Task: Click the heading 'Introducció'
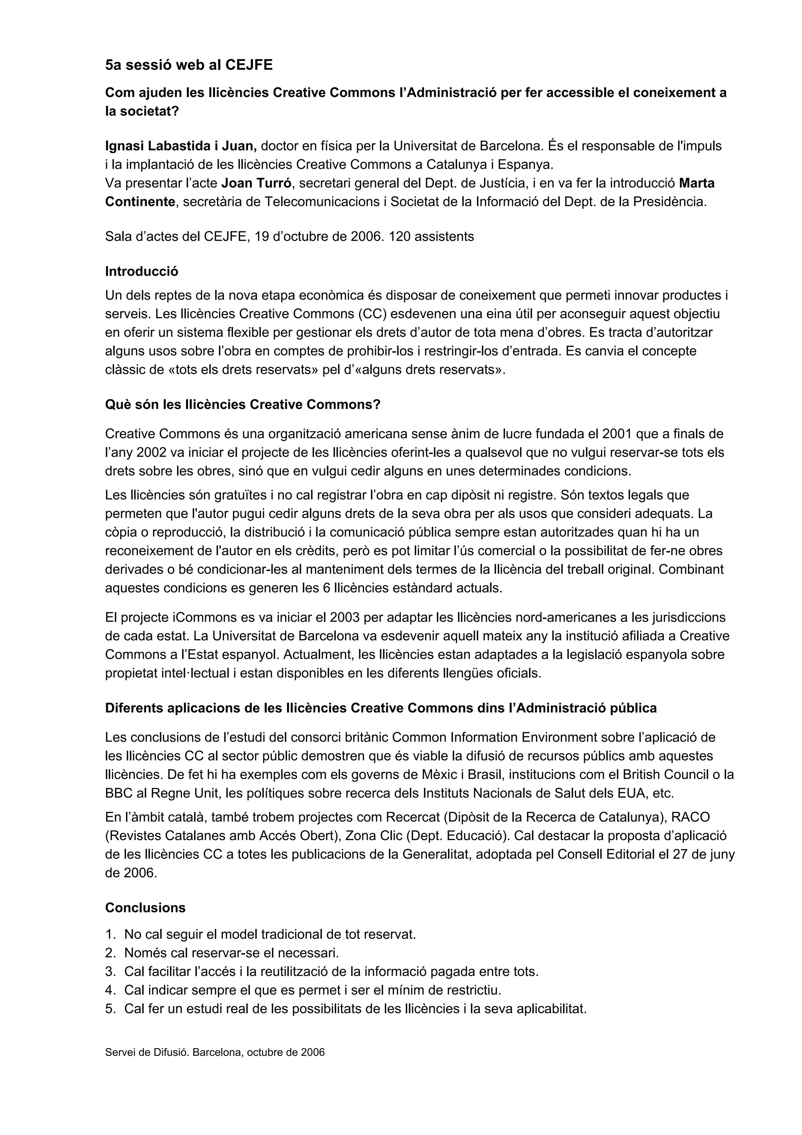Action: coord(141,271)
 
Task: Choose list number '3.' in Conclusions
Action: coord(110,972)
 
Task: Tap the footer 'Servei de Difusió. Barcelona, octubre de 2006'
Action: coord(215,1052)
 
